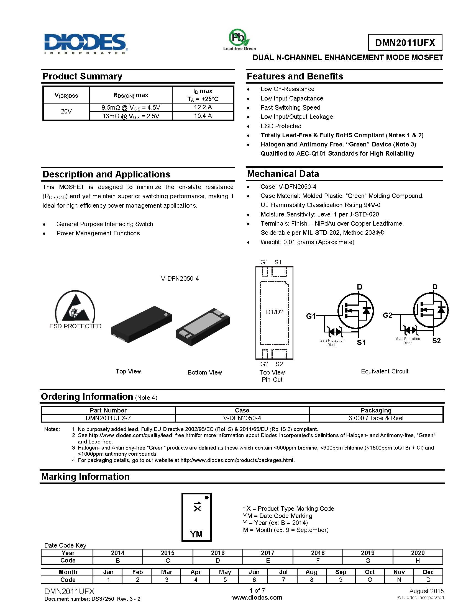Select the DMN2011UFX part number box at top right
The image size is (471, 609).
405,43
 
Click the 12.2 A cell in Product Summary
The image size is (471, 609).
203,107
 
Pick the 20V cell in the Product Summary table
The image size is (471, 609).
66,112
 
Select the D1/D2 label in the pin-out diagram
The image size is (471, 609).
275,312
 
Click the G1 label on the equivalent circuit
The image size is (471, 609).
311,316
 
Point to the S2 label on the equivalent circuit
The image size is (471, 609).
436,341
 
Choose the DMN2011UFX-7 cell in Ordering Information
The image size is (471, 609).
108,418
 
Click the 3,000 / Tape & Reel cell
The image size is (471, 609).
376,418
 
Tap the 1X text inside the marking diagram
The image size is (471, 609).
197,506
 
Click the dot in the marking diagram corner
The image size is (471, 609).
207,497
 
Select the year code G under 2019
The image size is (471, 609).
367,561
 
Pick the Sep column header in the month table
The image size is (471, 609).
341,572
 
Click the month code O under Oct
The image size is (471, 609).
370,580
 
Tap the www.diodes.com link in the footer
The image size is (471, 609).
257,598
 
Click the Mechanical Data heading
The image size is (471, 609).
283,174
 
